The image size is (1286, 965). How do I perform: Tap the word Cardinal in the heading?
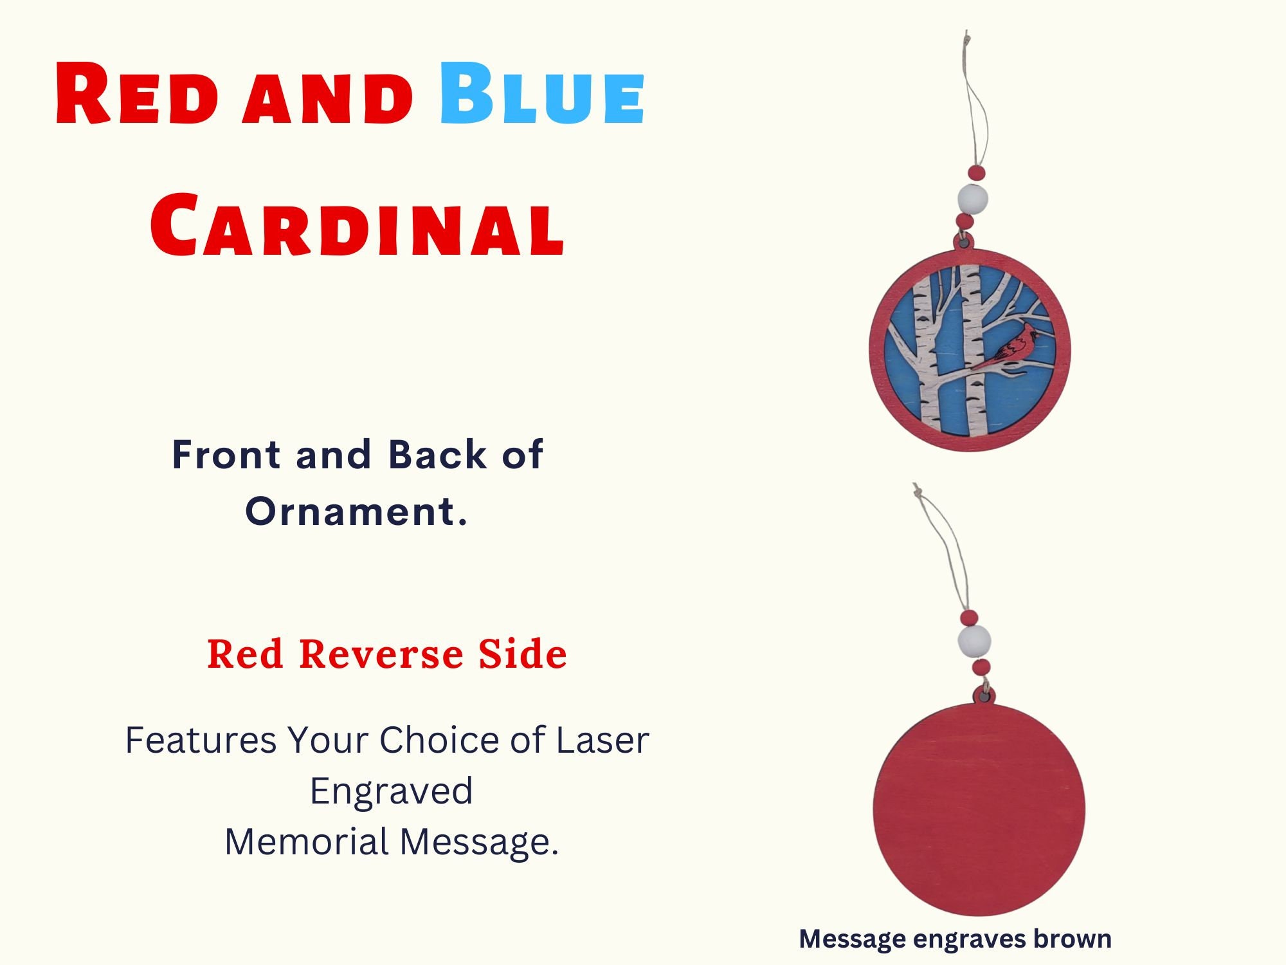357,225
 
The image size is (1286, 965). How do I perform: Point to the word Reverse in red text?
381,654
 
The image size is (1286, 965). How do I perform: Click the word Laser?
602,740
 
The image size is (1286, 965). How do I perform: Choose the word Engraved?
392,792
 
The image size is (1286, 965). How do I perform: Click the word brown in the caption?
1073,939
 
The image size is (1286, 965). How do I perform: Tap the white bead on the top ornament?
972,198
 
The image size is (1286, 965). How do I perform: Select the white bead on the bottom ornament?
974,641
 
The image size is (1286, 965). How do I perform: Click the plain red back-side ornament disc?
979,809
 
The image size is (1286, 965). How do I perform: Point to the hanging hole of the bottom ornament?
984,695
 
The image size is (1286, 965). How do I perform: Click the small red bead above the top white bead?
977,172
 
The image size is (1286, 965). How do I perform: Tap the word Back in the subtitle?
437,455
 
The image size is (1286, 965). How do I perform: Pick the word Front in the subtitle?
226,455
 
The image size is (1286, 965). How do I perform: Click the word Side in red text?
522,654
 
